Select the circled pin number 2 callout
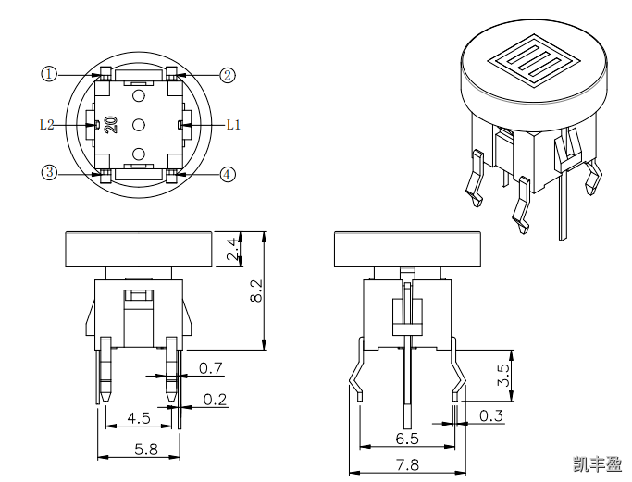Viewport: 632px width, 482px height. tap(228, 75)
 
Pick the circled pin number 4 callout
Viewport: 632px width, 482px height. tap(228, 174)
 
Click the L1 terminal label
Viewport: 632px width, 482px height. tap(233, 124)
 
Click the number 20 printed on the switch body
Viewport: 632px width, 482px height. tap(110, 125)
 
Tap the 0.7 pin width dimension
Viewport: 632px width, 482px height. tap(211, 369)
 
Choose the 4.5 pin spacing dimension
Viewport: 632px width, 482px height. tap(139, 418)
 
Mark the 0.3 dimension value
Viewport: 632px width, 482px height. tap(491, 416)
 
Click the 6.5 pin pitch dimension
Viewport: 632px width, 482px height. tap(407, 438)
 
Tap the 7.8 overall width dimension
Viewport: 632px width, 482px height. tap(407, 464)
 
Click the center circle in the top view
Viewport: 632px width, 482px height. tap(139, 124)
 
